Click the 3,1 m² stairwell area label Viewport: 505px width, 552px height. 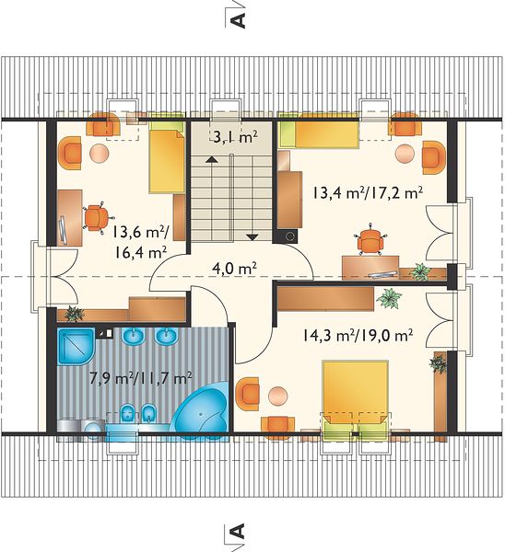pos(235,136)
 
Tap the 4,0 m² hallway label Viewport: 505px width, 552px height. pos(234,269)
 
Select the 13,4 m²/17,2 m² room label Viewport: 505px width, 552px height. pos(367,193)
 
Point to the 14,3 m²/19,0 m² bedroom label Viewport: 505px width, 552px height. pos(358,335)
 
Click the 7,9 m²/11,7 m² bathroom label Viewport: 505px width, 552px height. pos(141,378)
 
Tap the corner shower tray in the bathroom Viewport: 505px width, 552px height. pos(76,347)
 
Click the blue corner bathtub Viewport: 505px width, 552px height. pos(200,410)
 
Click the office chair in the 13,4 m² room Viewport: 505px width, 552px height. pos(370,240)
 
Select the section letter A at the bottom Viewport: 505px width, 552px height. pos(238,531)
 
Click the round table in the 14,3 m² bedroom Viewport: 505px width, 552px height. pos(278,396)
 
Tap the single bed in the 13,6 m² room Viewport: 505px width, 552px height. pos(167,153)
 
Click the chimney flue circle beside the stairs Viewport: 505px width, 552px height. pos(290,236)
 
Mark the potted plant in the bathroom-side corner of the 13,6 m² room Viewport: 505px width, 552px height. pos(74,314)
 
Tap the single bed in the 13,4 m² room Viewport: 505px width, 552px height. pos(319,131)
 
